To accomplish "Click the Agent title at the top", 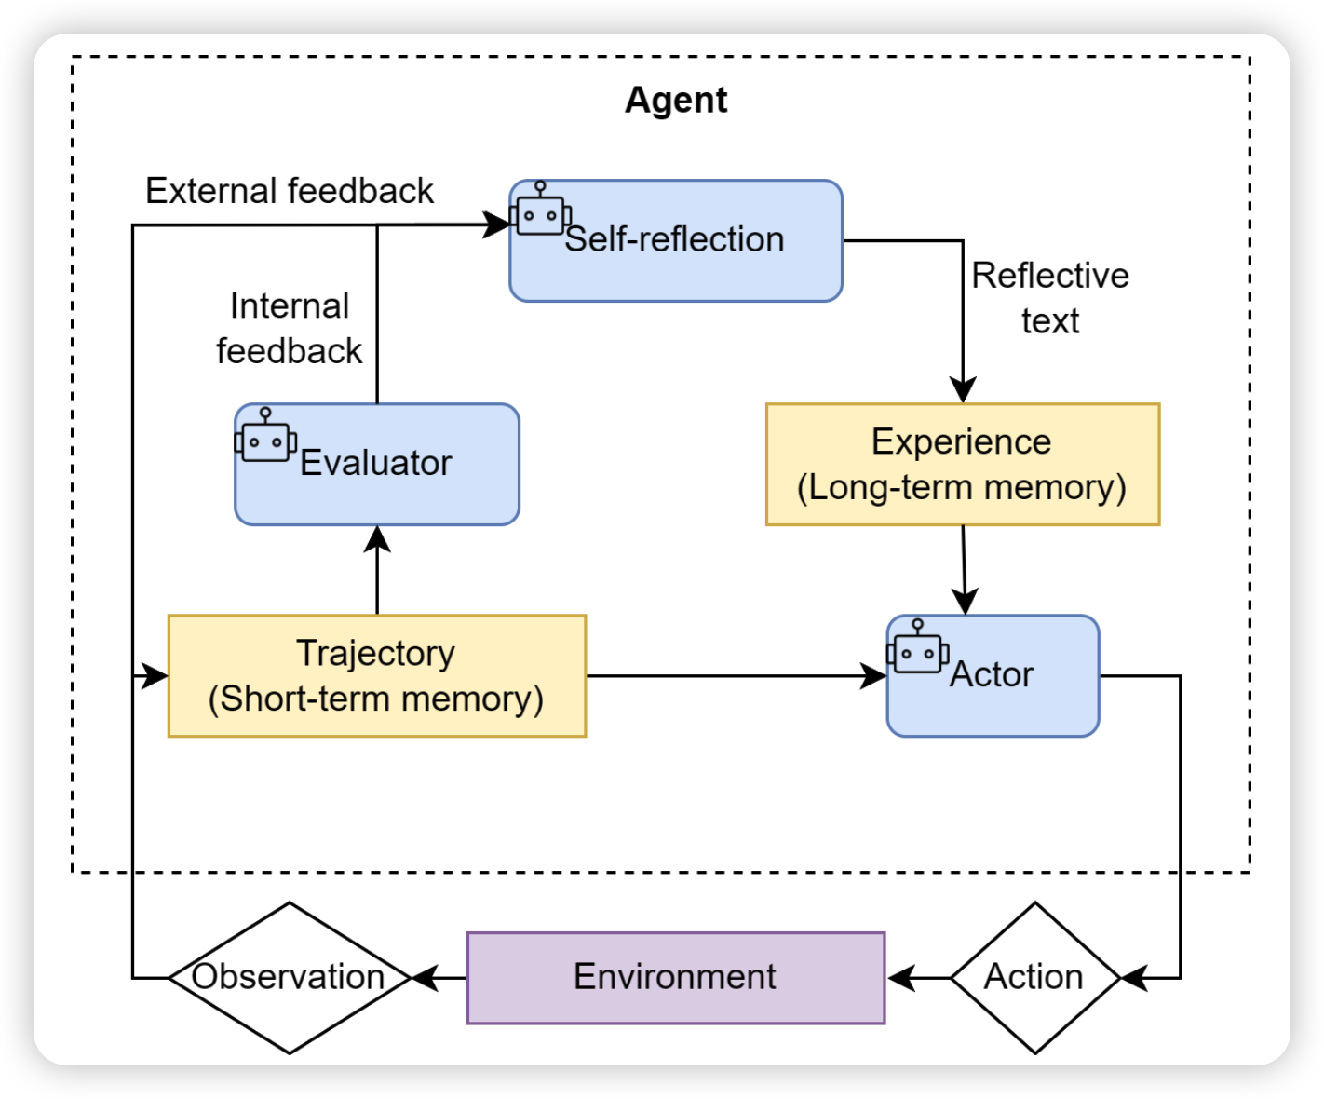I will click(676, 100).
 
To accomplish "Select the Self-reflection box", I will click(676, 241).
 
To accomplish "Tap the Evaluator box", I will click(376, 465).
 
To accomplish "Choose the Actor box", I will click(993, 676).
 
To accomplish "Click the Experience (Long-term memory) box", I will click(962, 465).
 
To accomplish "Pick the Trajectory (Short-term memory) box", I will click(376, 676).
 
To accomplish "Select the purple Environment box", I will click(675, 977).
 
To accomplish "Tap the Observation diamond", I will click(289, 977).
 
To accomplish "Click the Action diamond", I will click(1034, 977).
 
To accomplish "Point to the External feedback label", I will click(289, 191).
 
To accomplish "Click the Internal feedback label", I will click(289, 329).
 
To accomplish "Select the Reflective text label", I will click(1050, 298).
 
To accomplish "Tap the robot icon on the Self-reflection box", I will click(540, 210).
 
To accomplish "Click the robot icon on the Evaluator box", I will click(265, 437).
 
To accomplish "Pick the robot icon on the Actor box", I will click(917, 648).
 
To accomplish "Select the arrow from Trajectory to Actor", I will click(736, 676).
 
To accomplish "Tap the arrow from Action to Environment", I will click(917, 978).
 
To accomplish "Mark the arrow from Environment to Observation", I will click(439, 978).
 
